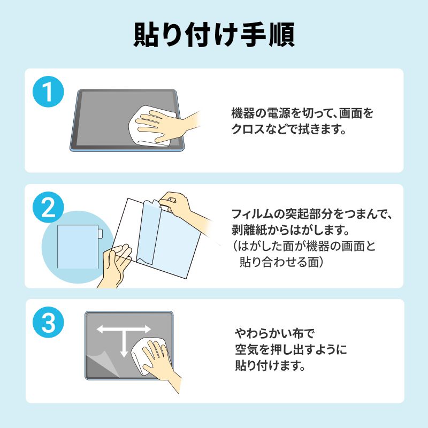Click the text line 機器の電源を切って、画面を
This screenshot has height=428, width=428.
pos(302,113)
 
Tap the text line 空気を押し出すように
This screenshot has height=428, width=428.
pos(291,350)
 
